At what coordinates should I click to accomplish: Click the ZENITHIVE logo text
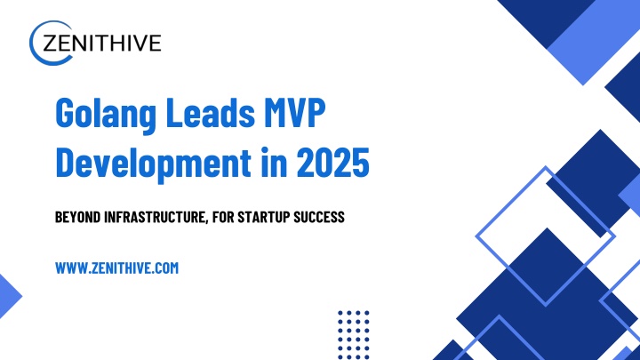coord(101,43)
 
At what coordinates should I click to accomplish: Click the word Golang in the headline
coord(106,115)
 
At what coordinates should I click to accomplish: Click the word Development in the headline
coord(153,164)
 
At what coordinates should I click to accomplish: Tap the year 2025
coord(332,162)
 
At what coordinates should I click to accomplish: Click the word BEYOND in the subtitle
coord(78,217)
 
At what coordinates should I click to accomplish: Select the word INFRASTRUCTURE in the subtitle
coord(156,218)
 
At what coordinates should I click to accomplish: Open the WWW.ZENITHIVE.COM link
coord(116,268)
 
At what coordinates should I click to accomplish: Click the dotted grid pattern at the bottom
coord(354,335)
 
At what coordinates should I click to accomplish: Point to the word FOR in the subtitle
coord(223,217)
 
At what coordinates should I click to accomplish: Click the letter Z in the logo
coord(50,43)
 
